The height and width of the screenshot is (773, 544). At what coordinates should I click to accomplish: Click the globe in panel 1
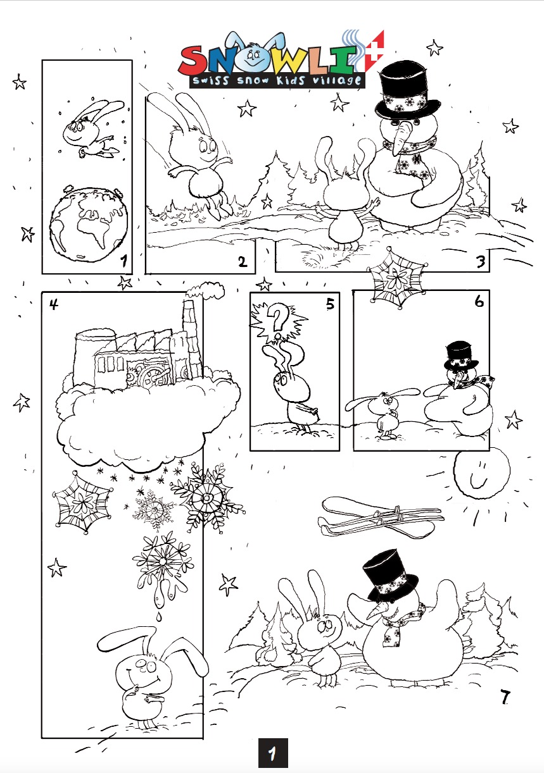click(89, 225)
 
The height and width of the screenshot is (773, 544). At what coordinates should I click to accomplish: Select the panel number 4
click(54, 304)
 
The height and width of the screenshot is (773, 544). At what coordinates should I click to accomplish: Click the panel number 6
click(479, 302)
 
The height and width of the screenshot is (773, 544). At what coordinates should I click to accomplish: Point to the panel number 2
click(243, 263)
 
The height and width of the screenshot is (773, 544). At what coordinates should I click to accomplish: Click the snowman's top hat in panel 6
click(461, 356)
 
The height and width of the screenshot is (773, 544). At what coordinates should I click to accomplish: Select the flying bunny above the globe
click(92, 130)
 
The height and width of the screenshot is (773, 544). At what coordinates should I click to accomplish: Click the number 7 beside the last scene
click(505, 698)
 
